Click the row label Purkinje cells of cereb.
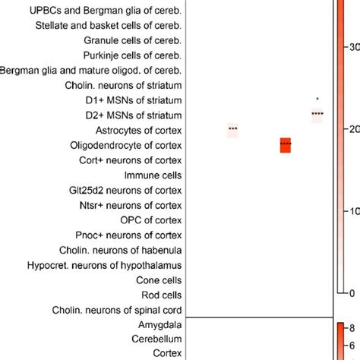pos(133,55)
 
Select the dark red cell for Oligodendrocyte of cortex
pos(286,145)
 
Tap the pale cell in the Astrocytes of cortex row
pos(232,130)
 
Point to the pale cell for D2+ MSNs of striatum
pos(317,115)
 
